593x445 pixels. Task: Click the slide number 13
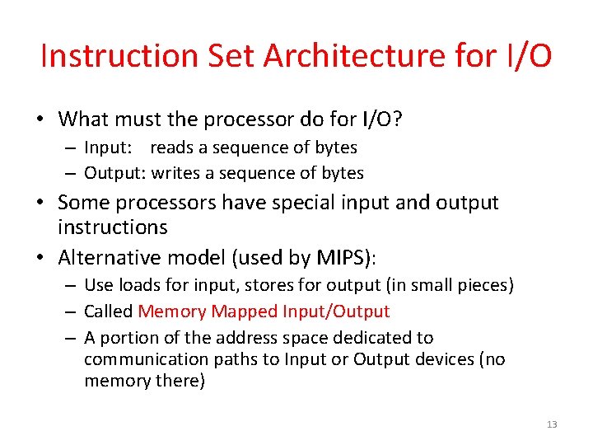click(552, 424)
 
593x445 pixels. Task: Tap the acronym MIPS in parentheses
click(342, 258)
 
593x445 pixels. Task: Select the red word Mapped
click(245, 311)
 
